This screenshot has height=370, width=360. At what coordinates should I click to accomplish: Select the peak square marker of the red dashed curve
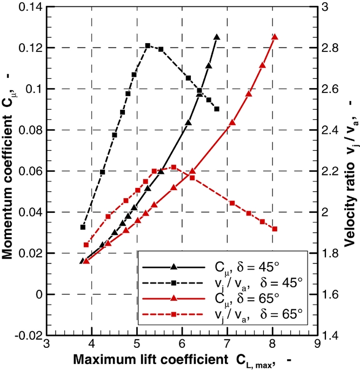(174, 167)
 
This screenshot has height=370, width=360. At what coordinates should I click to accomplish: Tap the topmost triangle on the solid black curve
(217, 37)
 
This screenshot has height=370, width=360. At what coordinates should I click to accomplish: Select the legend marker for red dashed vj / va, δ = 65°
(174, 314)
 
